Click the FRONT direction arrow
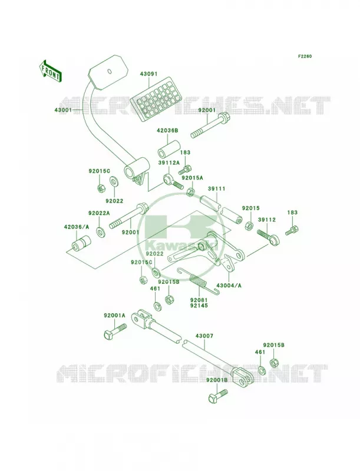[50, 71]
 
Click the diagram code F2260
[305, 56]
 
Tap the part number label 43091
[148, 74]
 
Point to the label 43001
[63, 110]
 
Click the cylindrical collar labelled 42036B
[169, 148]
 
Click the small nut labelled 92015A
[190, 191]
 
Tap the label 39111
[216, 188]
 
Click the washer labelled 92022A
[101, 232]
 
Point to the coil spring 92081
[198, 281]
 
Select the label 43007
[204, 336]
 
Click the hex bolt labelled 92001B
[218, 396]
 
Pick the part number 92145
[199, 306]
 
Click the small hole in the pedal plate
[110, 71]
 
